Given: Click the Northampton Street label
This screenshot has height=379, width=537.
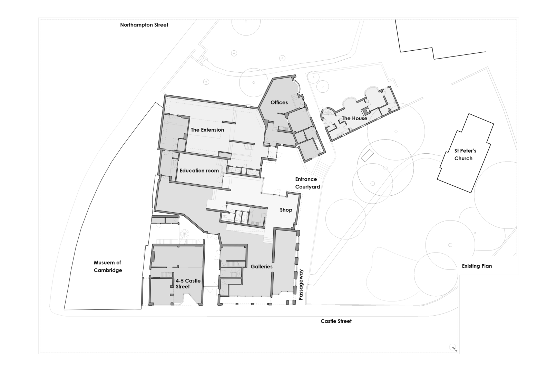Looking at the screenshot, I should pyautogui.click(x=144, y=25).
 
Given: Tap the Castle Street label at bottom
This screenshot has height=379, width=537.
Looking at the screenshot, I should pyautogui.click(x=336, y=321).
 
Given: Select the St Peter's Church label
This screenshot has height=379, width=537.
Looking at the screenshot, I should pyautogui.click(x=463, y=155).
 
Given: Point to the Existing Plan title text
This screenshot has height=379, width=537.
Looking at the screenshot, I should pyautogui.click(x=477, y=266).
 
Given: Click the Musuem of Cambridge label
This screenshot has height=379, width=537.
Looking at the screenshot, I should pyautogui.click(x=108, y=267).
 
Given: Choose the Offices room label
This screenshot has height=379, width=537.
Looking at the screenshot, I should pyautogui.click(x=279, y=102).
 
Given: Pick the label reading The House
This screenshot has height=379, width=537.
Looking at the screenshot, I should pyautogui.click(x=354, y=119).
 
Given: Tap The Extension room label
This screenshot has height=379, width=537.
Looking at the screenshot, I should pyautogui.click(x=207, y=130).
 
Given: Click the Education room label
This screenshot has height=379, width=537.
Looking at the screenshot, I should pyautogui.click(x=199, y=171).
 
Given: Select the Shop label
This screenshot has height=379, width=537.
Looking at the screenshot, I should pyautogui.click(x=286, y=210).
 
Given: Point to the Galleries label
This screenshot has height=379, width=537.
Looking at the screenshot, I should pyautogui.click(x=261, y=267).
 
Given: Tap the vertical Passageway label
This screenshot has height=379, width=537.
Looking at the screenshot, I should pyautogui.click(x=301, y=284).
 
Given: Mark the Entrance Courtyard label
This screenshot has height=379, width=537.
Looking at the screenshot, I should pyautogui.click(x=307, y=183).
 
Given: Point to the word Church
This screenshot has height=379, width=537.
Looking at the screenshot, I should pyautogui.click(x=463, y=158).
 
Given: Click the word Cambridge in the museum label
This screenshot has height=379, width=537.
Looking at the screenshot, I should pyautogui.click(x=108, y=270).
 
